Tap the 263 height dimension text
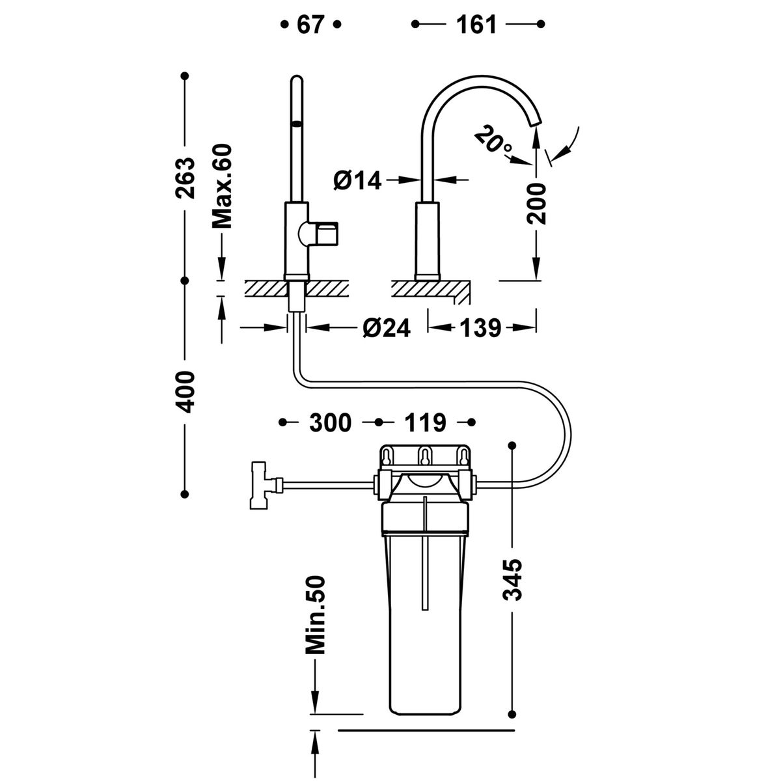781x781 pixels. tap(185, 178)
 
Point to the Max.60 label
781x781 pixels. tap(222, 186)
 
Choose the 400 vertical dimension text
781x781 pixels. tap(185, 392)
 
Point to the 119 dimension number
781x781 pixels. tap(426, 423)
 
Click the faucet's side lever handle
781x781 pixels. tap(318, 234)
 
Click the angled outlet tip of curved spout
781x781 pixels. tap(535, 121)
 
